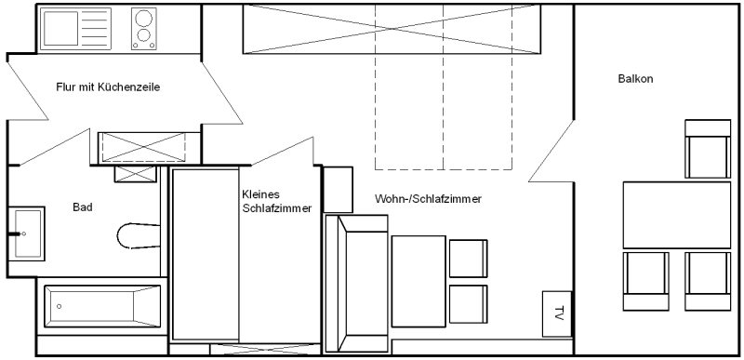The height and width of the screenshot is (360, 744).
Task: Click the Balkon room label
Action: click(x=636, y=79)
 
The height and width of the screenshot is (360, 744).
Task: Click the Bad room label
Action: click(x=82, y=207)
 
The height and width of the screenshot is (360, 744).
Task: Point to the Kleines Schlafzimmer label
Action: click(x=275, y=201)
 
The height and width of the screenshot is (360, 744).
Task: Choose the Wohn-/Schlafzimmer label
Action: click(x=428, y=200)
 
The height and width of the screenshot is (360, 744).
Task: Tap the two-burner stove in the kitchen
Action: click(x=143, y=27)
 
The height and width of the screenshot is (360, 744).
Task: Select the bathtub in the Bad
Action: click(x=101, y=304)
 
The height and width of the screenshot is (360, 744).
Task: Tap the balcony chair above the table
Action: click(x=705, y=149)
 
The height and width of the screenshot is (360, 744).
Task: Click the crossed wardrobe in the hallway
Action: click(x=149, y=148)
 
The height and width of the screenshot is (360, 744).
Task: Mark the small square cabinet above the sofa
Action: click(x=338, y=189)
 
